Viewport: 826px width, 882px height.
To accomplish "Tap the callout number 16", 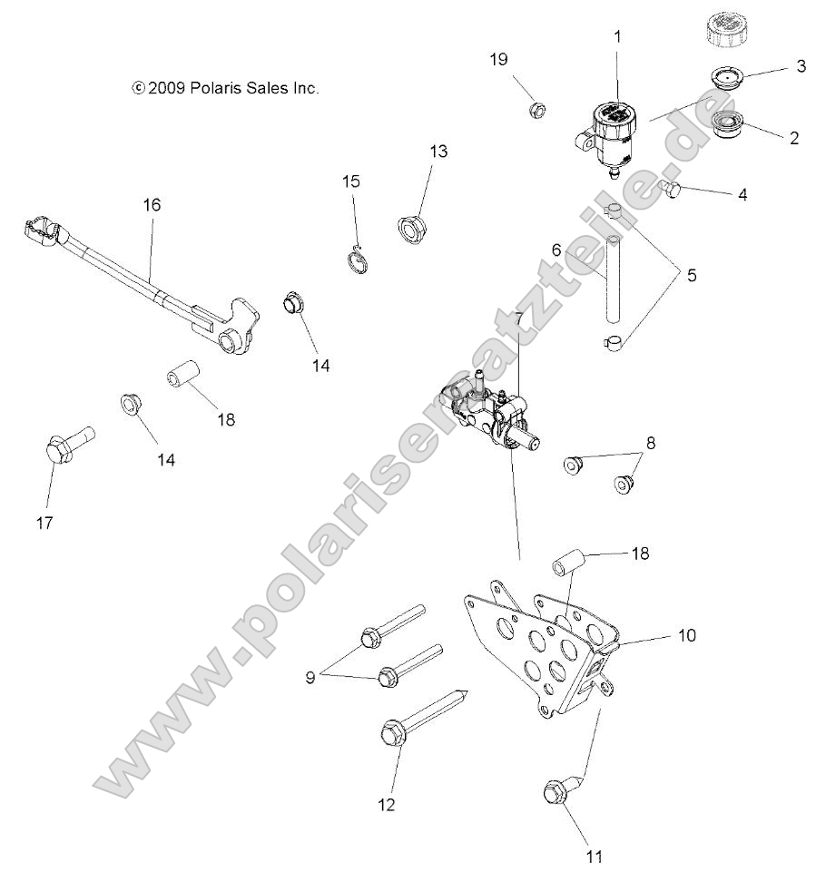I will (152, 205).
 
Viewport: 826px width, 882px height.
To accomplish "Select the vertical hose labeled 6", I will (614, 278).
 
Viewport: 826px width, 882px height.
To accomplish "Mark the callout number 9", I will (310, 677).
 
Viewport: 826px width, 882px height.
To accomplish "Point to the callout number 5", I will (692, 274).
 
